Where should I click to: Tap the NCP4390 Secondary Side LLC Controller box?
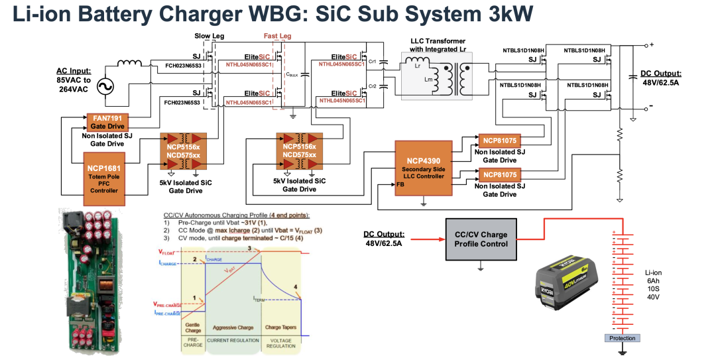tap(423, 166)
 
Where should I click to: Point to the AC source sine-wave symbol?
tap(105, 86)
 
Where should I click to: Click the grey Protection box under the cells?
tap(622, 338)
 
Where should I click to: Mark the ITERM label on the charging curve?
tap(261, 299)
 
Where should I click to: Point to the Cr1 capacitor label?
tap(373, 62)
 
